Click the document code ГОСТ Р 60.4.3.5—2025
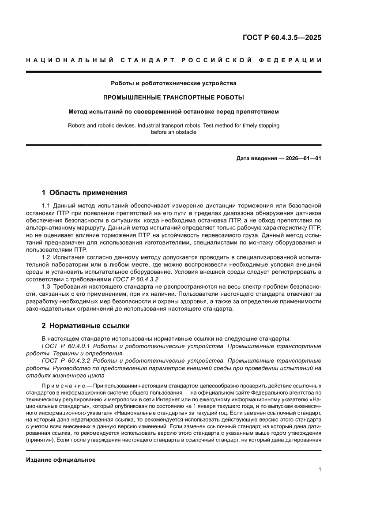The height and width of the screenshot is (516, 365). point(282,38)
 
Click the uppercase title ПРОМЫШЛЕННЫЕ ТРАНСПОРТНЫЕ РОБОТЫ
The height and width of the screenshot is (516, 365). point(173,97)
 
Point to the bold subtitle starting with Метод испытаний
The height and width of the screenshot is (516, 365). point(173,112)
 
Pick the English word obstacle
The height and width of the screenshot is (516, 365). point(186,132)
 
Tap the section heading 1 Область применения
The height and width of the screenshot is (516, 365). point(84,192)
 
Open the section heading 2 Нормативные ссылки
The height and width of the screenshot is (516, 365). point(85,326)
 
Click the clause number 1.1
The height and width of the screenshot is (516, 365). point(46,206)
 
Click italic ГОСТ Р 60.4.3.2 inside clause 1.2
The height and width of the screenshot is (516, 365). point(136,279)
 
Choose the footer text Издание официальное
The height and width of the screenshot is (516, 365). point(61,460)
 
